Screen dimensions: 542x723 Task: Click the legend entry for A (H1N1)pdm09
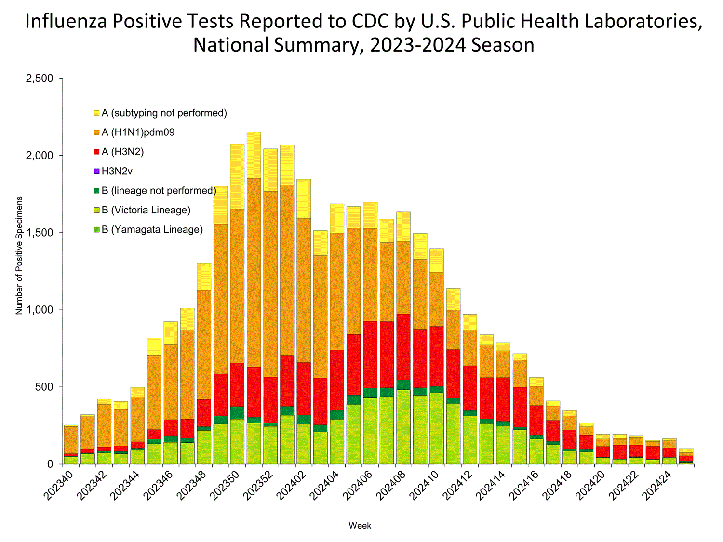(138, 132)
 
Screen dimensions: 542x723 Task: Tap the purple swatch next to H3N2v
(97, 172)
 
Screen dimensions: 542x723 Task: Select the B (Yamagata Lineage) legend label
(152, 230)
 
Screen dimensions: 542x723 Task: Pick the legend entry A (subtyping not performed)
(164, 113)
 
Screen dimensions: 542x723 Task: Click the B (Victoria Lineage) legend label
(146, 211)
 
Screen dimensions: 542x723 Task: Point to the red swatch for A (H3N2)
(97, 152)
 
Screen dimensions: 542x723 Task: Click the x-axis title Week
(360, 526)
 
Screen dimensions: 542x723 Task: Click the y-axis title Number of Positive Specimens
(19, 255)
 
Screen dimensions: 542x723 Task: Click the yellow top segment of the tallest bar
(254, 155)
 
